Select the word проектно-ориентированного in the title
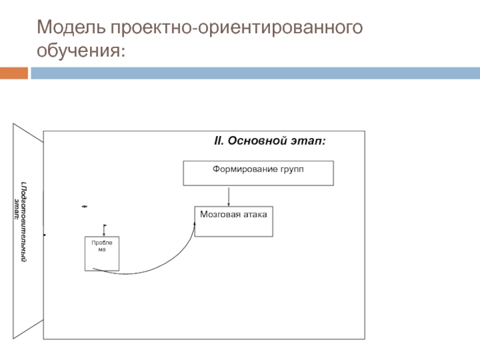(236, 28)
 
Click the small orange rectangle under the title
(14, 73)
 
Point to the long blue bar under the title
(254, 73)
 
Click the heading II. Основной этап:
(270, 141)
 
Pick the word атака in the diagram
(255, 214)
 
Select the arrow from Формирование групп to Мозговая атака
(229, 196)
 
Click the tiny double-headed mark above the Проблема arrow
(85, 206)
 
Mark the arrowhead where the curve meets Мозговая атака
(194, 223)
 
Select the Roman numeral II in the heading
(218, 141)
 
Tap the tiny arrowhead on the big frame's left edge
(44, 235)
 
